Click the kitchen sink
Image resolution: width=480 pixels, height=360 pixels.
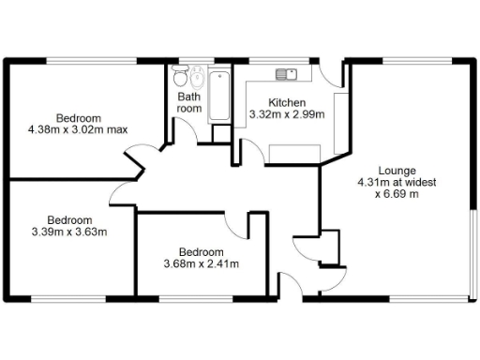pyautogui.click(x=286, y=73)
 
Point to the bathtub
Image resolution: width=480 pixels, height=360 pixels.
pyautogui.click(x=219, y=96)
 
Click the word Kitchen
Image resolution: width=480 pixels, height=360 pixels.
pyautogui.click(x=287, y=102)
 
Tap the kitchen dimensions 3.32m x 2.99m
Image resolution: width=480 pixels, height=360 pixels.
pyautogui.click(x=287, y=115)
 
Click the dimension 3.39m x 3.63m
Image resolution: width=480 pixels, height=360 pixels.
pyautogui.click(x=69, y=232)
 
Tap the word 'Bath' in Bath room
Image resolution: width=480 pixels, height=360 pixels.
pyautogui.click(x=189, y=97)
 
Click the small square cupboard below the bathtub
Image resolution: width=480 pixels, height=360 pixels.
pyautogui.click(x=221, y=132)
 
